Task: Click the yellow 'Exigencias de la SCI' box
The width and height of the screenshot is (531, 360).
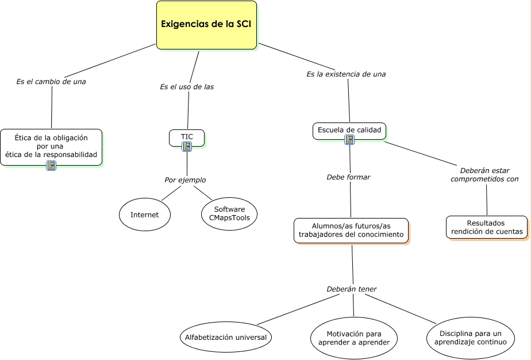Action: [x=206, y=25]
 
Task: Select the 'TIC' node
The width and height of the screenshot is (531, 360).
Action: [x=187, y=137]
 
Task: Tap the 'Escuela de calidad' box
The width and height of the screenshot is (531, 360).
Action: [x=349, y=131]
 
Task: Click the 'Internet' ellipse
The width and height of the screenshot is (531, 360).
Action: [x=145, y=215]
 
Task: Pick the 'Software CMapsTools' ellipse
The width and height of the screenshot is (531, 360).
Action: [x=229, y=214]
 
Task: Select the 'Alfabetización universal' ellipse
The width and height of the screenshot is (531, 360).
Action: [x=226, y=338]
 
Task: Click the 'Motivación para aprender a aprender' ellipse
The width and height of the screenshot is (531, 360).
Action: [x=354, y=338]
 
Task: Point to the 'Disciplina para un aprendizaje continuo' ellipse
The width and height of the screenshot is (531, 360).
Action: [x=471, y=338]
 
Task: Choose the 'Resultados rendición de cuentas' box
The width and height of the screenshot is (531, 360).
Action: [x=487, y=227]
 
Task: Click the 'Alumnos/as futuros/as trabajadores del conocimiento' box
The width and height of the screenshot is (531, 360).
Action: [x=351, y=231]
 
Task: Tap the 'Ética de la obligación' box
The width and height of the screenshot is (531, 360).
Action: [x=51, y=147]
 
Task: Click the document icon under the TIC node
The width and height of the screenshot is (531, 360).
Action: [x=187, y=147]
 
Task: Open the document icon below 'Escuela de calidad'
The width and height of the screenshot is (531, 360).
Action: [x=349, y=140]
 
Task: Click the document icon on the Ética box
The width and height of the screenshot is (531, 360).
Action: [x=51, y=166]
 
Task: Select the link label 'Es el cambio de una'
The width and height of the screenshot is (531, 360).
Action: [x=51, y=82]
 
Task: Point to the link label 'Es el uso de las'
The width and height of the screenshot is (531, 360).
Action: [x=187, y=87]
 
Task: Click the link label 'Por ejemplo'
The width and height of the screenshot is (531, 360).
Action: [x=185, y=180]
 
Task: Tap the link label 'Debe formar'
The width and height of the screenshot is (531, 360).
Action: [x=348, y=177]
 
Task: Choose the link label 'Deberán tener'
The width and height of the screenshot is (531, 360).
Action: [x=352, y=289]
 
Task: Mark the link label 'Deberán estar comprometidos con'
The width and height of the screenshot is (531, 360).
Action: [x=484, y=175]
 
